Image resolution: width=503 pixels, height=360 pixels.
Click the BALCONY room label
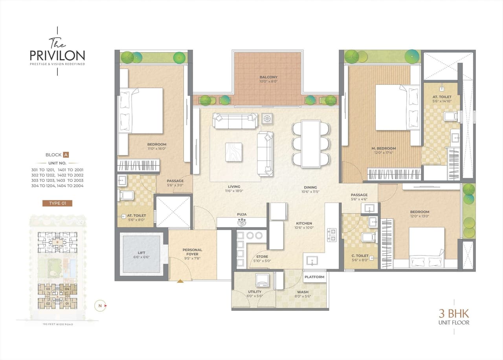268,77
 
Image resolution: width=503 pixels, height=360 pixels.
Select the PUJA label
241,215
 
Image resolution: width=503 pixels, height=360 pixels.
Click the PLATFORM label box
315,277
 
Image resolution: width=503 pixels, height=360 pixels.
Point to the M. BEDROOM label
384,148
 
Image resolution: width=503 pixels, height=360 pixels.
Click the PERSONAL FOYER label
192,252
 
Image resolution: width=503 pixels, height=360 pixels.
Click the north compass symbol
100,305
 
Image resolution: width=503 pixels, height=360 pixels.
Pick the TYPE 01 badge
57,203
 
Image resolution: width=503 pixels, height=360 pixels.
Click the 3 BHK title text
454,314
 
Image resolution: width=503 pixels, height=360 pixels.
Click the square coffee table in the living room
233,152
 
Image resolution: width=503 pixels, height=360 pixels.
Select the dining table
310,144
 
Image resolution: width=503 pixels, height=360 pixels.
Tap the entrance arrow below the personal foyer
180,281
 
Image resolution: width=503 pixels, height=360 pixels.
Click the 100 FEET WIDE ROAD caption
57,324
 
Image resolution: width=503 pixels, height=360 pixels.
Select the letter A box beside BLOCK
66,155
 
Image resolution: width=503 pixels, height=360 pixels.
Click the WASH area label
303,292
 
